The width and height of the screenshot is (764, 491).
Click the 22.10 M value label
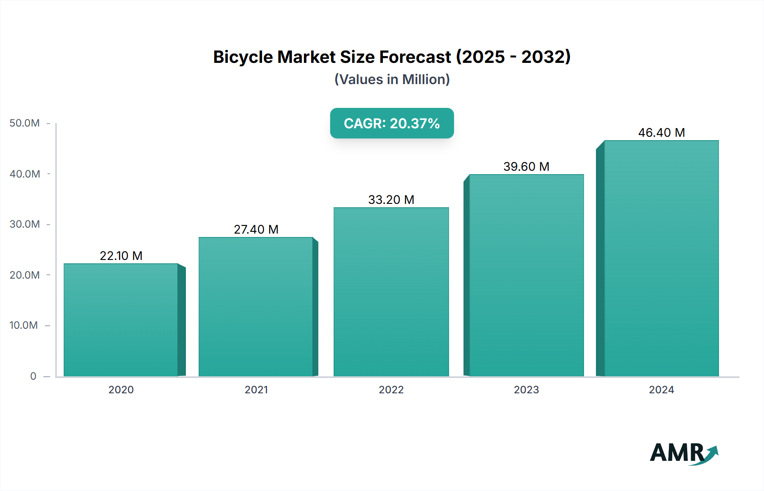121,256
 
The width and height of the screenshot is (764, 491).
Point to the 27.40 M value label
256,229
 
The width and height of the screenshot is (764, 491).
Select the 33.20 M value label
391,200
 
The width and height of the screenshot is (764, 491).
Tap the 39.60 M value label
526,166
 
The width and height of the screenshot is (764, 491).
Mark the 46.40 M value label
661,133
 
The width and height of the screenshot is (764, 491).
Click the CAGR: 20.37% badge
392,123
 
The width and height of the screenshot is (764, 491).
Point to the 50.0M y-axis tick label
25,123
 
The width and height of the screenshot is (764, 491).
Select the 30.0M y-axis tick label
25,224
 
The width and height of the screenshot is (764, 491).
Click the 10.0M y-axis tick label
24,325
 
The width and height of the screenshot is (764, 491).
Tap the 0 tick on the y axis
33,376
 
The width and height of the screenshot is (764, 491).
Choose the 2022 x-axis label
391,389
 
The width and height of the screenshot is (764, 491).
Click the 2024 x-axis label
661,389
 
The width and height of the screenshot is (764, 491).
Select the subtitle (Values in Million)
392,79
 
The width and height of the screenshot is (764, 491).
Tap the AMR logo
683,453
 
